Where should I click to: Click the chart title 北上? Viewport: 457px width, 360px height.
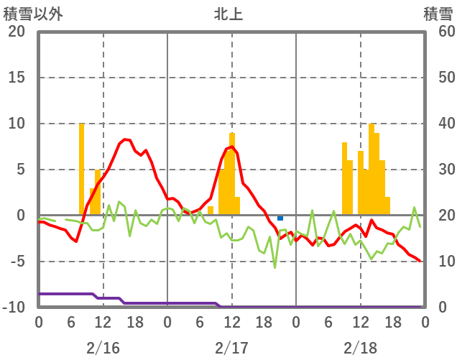pos(228,14)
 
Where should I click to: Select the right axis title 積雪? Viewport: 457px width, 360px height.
pos(437,14)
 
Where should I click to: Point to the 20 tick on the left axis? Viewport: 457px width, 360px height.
pos(17,32)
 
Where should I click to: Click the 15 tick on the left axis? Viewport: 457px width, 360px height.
pos(17,78)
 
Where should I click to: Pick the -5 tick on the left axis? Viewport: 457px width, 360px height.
pos(17,262)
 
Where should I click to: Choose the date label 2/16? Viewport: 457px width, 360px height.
pos(103,349)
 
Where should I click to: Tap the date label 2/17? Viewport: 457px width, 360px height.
pos(231,349)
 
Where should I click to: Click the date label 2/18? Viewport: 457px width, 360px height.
pos(360,349)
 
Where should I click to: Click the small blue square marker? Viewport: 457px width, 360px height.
pos(280,218)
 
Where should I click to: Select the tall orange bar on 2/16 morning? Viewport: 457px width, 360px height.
pos(82,169)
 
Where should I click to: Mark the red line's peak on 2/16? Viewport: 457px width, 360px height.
pos(126,139)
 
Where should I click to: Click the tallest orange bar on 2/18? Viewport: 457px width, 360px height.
pos(371,169)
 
